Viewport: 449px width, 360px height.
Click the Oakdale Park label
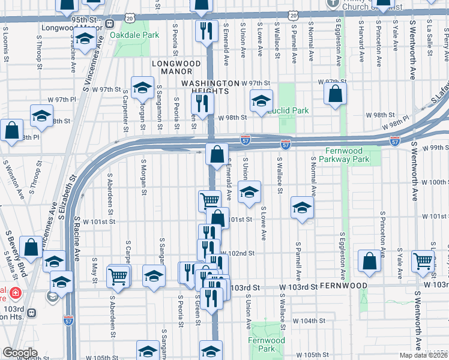click(x=134, y=35)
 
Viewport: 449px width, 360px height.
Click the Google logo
click(x=20, y=353)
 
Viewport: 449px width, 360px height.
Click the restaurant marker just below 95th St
click(x=206, y=31)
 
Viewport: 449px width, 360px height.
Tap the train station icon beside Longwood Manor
click(x=110, y=24)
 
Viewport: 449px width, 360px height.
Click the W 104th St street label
click(x=313, y=321)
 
